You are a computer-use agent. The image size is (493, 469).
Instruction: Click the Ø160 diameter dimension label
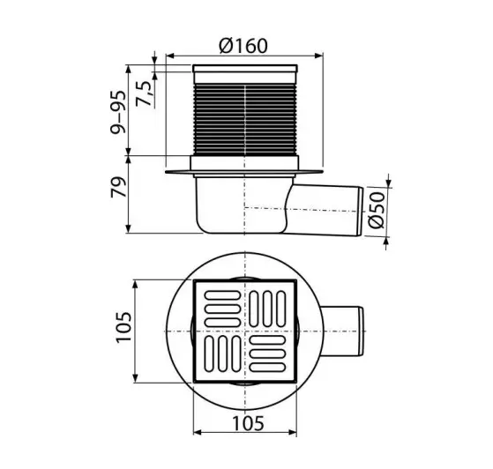coord(243,46)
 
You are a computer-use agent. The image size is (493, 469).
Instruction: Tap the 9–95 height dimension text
coord(118,112)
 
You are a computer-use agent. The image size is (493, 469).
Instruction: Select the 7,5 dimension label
coord(145,93)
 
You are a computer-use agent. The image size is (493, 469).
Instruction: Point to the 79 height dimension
coord(119,188)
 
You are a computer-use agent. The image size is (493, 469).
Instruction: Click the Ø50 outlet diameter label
coord(377,210)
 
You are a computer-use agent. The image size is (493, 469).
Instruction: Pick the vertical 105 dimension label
coord(123,328)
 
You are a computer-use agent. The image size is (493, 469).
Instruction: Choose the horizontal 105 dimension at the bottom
coord(248,423)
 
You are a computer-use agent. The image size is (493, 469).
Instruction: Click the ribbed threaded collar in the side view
coord(244,120)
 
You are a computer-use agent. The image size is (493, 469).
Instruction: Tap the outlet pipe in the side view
coord(325,210)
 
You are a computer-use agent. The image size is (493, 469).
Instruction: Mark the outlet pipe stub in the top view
coord(343,331)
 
